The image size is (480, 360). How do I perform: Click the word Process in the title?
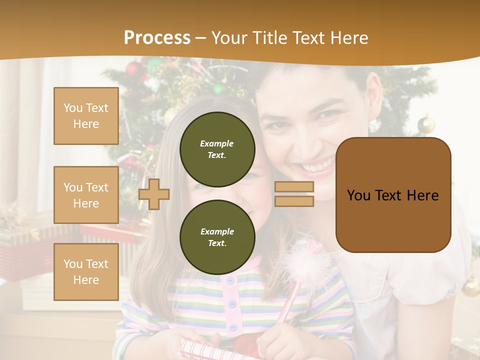point(157,38)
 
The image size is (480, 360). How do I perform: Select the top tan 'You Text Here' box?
point(86,116)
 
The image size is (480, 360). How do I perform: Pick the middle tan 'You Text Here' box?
point(86,195)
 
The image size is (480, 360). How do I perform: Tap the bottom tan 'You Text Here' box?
point(86,271)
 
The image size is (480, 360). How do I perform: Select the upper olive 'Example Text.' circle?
point(217,149)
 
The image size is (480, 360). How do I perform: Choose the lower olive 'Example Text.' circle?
point(217,237)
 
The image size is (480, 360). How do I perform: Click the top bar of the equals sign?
point(294,187)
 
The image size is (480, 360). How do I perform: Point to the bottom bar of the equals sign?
point(294,201)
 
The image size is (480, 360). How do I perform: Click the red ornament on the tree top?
point(132,68)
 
